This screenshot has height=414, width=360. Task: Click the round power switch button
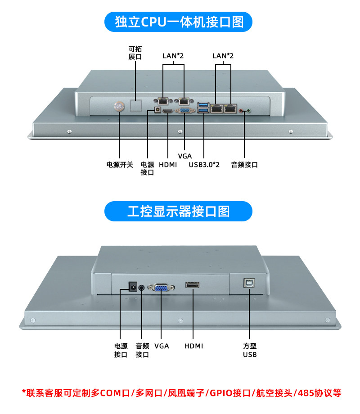click(x=119, y=107)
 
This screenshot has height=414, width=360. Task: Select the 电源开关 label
click(x=120, y=165)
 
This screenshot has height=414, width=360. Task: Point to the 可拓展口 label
click(x=135, y=53)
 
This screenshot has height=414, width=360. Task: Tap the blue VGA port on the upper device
click(x=184, y=111)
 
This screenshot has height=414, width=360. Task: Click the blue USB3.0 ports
click(x=203, y=108)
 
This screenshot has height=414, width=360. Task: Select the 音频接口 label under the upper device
click(x=244, y=165)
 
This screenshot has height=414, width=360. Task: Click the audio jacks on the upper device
click(x=244, y=110)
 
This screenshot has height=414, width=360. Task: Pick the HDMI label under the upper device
click(x=168, y=165)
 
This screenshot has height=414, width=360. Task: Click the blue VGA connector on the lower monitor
click(x=162, y=288)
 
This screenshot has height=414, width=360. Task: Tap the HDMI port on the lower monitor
click(x=193, y=285)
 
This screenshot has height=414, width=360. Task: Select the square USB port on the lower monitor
click(x=249, y=283)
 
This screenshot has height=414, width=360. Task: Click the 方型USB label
click(x=250, y=350)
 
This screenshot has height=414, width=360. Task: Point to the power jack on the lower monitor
click(x=133, y=286)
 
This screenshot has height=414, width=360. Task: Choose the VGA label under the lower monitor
click(x=162, y=346)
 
